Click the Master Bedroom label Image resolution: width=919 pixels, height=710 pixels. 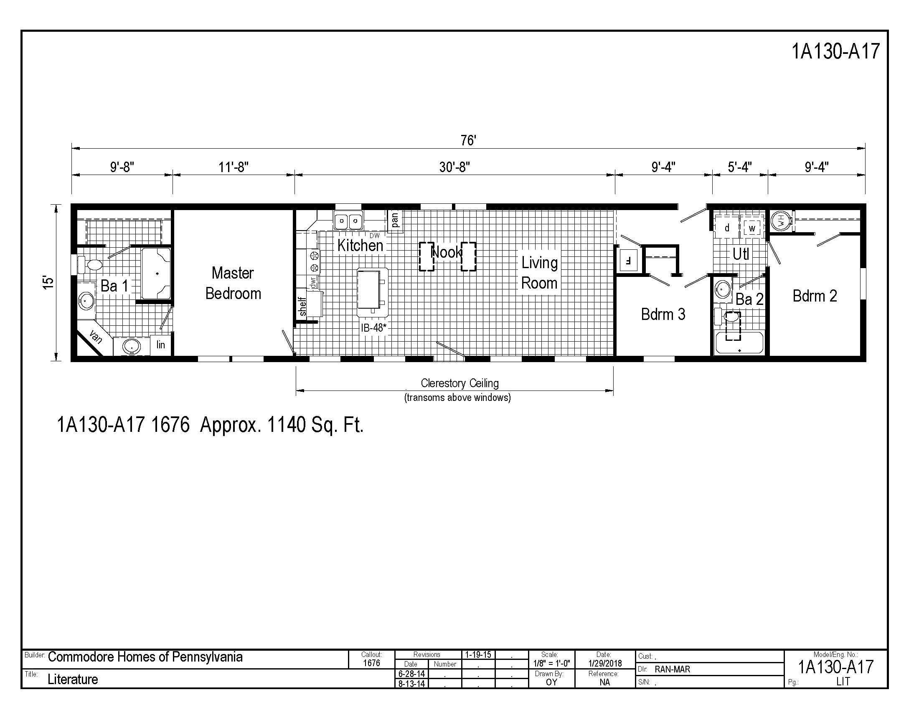[x=233, y=283]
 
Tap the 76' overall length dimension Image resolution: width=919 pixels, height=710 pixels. [x=467, y=140]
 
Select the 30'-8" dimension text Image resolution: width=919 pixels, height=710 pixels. [x=454, y=167]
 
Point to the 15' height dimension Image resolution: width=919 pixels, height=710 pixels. [x=49, y=282]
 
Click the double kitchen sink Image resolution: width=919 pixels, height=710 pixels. [x=348, y=221]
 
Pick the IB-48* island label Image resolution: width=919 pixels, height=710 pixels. [x=373, y=328]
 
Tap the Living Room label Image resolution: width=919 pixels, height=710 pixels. [x=539, y=273]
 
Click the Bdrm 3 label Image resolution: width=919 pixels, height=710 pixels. [x=663, y=314]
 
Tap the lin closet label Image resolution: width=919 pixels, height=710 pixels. [x=160, y=345]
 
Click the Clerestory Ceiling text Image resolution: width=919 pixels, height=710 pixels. [x=459, y=383]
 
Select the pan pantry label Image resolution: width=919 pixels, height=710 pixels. [x=394, y=220]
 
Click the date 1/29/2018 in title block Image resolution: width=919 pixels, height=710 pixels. [x=605, y=664]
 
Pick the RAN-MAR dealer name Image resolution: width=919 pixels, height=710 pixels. [x=672, y=669]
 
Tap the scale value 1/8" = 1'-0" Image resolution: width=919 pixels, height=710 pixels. [x=551, y=664]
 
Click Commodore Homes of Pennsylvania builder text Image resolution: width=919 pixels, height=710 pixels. [x=145, y=657]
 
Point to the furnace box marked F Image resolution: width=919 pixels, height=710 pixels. [x=629, y=261]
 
